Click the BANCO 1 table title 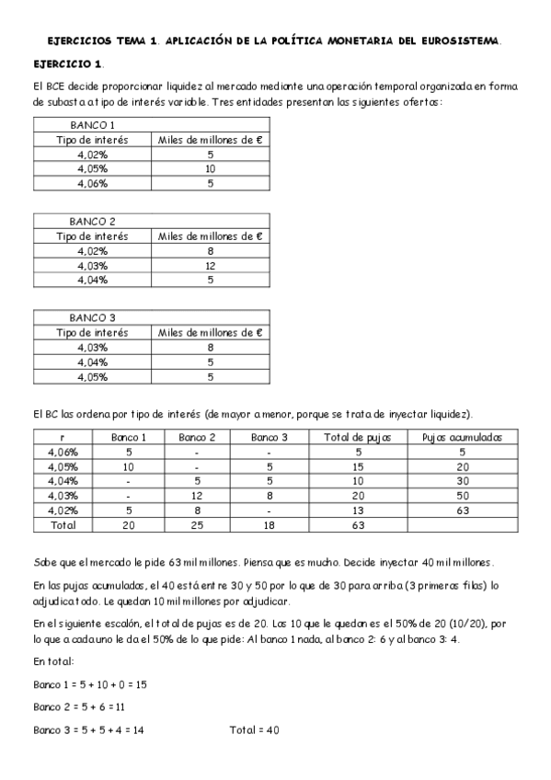click(92, 124)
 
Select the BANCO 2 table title click(92, 221)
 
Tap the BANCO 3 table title click(92, 317)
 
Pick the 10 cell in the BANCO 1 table click(211, 168)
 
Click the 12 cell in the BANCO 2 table click(211, 265)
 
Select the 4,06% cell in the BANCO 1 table click(92, 183)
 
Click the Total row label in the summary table click(62, 524)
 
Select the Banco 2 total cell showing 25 click(197, 524)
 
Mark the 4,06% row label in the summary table click(62, 451)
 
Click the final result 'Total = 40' click(255, 729)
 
